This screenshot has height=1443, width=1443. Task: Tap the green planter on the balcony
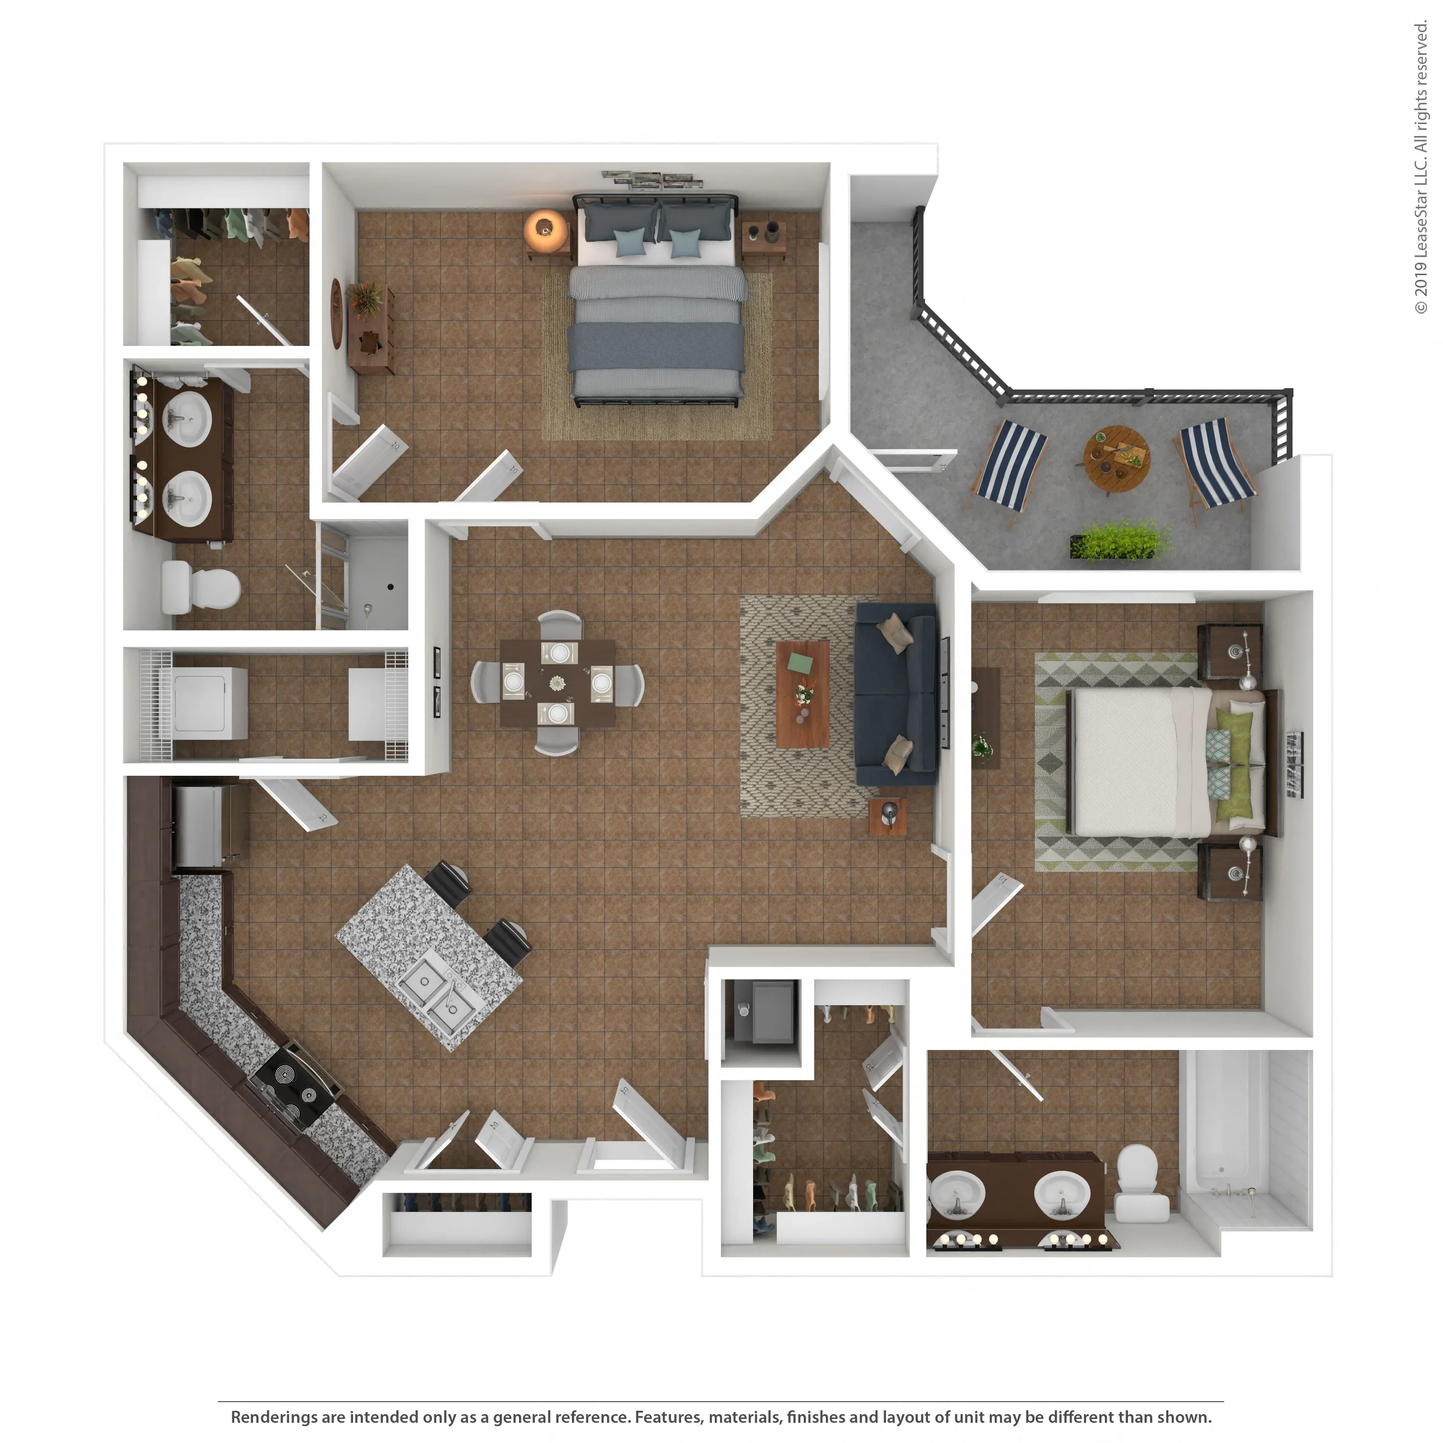[x=1120, y=541]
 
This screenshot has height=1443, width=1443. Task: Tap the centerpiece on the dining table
[x=557, y=683]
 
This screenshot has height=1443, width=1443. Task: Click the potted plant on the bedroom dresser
[x=365, y=298]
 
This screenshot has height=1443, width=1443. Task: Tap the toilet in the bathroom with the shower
[x=200, y=587]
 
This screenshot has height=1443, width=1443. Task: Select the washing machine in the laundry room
[x=209, y=703]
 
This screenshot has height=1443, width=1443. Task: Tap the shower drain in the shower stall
[x=391, y=586]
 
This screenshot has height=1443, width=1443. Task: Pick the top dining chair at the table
[x=559, y=624]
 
